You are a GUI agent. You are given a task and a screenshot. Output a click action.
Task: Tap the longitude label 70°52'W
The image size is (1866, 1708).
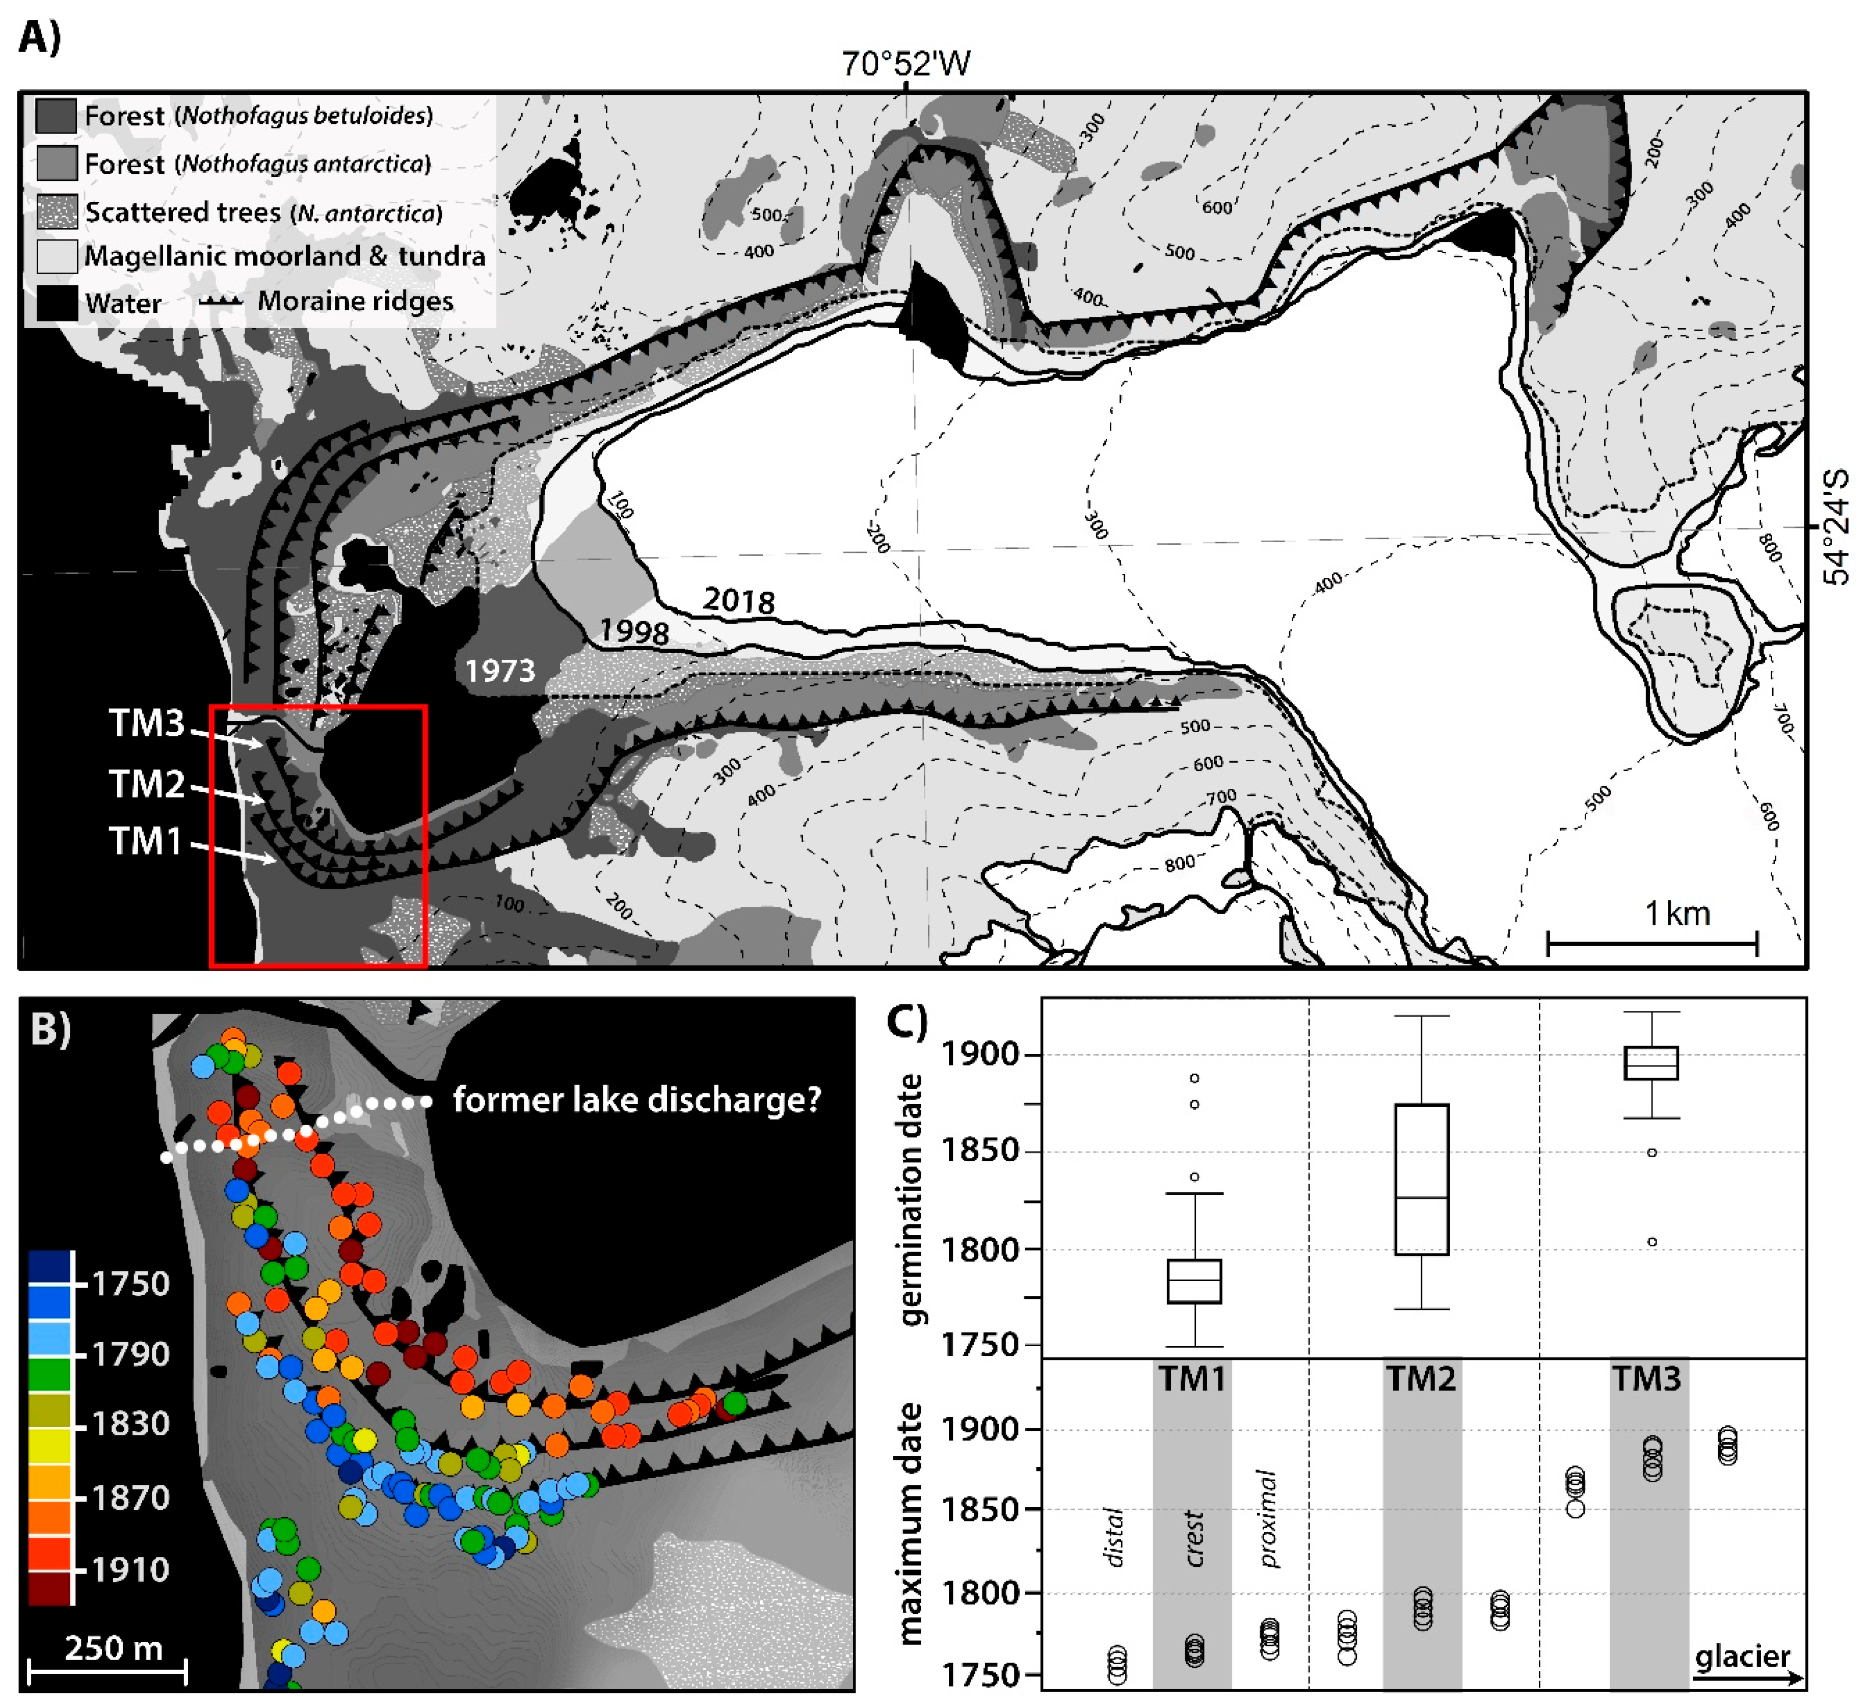click(x=905, y=64)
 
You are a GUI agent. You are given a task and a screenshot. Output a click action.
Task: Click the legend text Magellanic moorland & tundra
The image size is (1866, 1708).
click(x=284, y=256)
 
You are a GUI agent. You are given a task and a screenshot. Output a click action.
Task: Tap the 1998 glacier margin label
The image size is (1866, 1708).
click(x=633, y=632)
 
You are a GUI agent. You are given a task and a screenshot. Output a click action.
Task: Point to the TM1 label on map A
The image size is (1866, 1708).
click(x=145, y=841)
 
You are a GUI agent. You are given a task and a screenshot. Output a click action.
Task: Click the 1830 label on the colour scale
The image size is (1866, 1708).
click(x=130, y=1423)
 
